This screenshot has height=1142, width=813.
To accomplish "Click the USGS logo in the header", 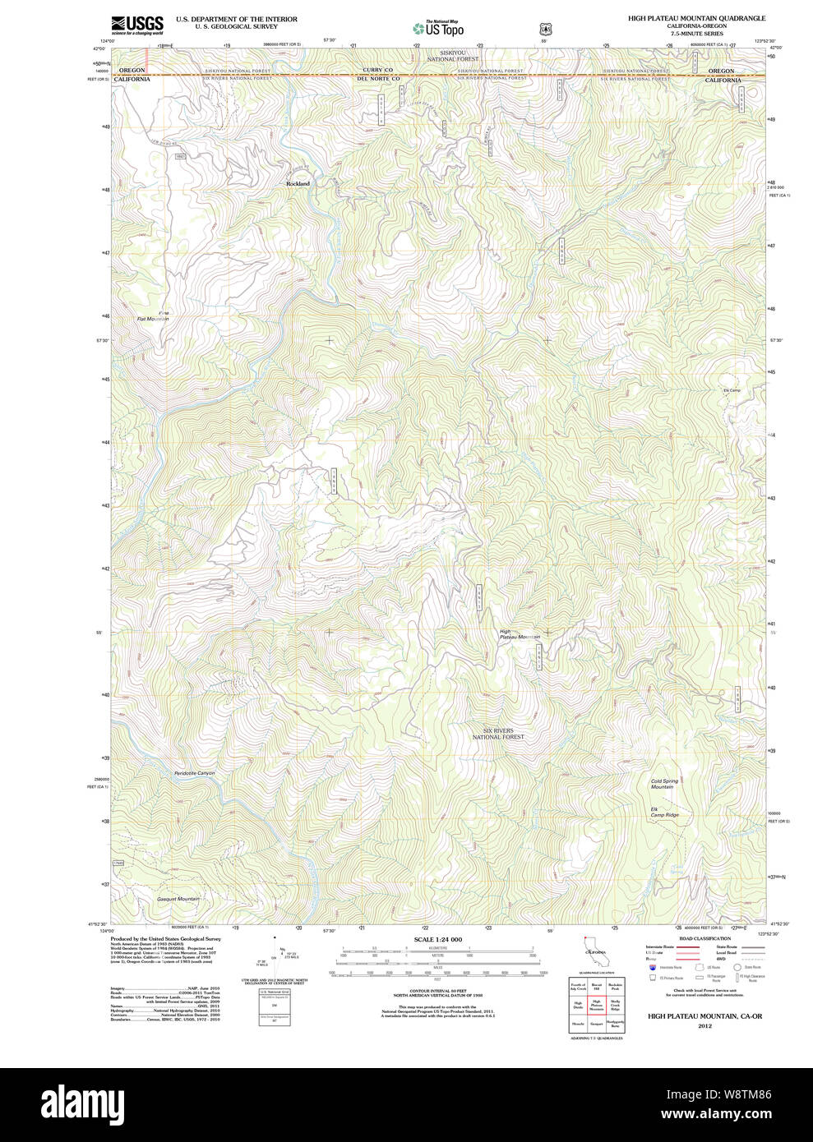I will tap(137, 24).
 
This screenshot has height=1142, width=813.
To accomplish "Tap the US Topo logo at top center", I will tap(441, 28).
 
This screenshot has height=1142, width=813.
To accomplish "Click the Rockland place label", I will tap(298, 183).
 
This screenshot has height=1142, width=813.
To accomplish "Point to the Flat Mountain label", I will tap(153, 319).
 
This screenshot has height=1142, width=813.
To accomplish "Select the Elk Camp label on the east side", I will tap(731, 390).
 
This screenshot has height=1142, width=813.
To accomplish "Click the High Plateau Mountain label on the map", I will tap(520, 634).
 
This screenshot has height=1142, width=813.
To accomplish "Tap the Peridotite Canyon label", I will tap(194, 773).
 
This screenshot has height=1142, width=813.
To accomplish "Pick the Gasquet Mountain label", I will tap(178, 899).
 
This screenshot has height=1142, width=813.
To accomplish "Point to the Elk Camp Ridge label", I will tap(664, 812).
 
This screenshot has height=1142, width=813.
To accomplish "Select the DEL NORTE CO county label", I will tap(378, 79).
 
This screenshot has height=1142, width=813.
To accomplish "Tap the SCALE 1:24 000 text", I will tap(437, 939).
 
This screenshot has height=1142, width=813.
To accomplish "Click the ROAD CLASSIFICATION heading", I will tap(704, 938).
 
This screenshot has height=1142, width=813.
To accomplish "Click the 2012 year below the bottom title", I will tap(704, 1025).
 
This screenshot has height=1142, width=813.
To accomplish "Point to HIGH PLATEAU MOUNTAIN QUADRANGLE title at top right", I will tap(696, 18).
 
